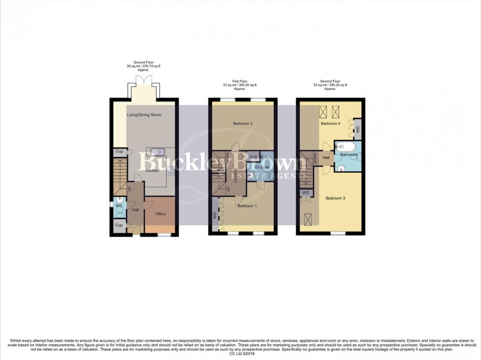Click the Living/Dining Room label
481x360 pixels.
click(144, 115)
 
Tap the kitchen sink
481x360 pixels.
click(157, 152)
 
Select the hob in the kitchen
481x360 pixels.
click(171, 171)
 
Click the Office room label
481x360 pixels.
click(160, 214)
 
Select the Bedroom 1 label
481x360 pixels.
click(247, 206)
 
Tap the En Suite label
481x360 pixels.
click(261, 168)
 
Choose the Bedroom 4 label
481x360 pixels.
click(330, 124)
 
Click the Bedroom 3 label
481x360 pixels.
click(336, 198)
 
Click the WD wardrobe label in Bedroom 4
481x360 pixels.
click(357, 129)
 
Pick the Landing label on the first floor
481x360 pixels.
click(235, 176)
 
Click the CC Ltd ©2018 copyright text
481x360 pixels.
click(240, 353)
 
